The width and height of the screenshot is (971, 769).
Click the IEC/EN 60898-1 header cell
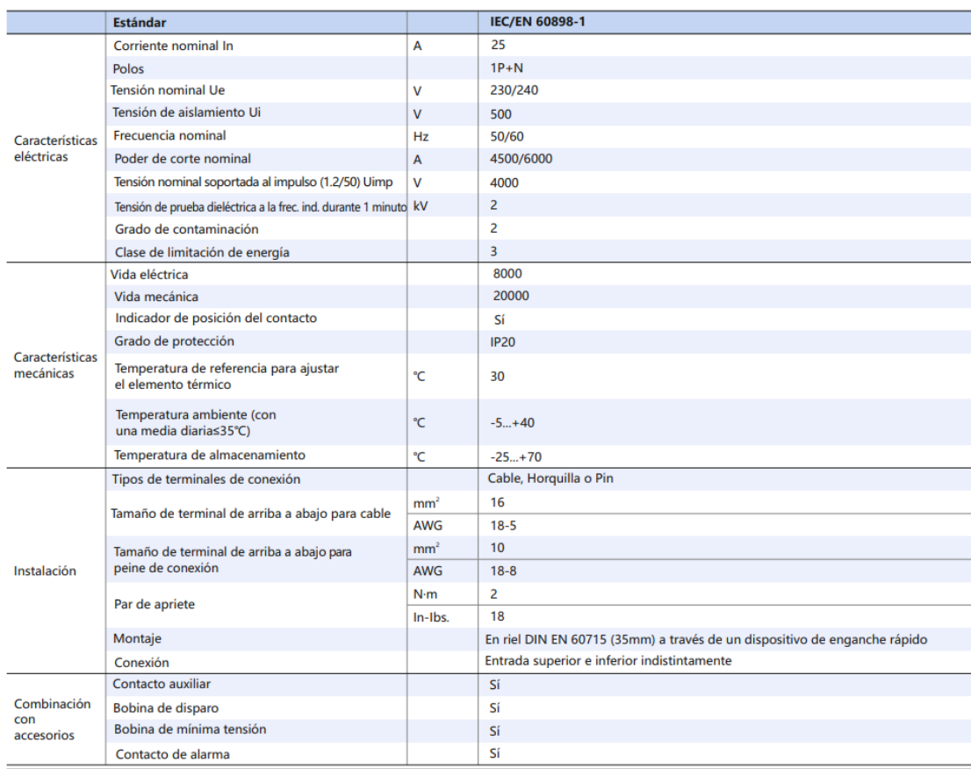[537, 22]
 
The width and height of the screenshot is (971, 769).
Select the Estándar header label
[140, 22]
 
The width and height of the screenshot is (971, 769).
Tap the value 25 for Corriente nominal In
[499, 45]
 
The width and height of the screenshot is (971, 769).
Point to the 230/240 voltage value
[514, 90]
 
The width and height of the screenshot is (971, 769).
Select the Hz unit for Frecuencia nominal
[421, 137]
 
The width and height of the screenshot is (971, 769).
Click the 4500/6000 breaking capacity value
[521, 159]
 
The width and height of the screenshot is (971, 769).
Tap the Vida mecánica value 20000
[511, 297]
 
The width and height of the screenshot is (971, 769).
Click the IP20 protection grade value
[503, 341]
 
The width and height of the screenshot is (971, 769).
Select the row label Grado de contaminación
[186, 229]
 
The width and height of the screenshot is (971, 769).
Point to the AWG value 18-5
[504, 526]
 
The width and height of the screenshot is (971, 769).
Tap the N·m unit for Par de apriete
[425, 594]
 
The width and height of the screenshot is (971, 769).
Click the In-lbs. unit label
[431, 617]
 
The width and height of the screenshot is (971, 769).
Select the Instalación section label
[45, 571]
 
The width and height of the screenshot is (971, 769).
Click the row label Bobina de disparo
[166, 708]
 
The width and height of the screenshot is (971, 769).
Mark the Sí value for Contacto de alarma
[495, 753]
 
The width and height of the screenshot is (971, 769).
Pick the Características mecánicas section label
[55, 365]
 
